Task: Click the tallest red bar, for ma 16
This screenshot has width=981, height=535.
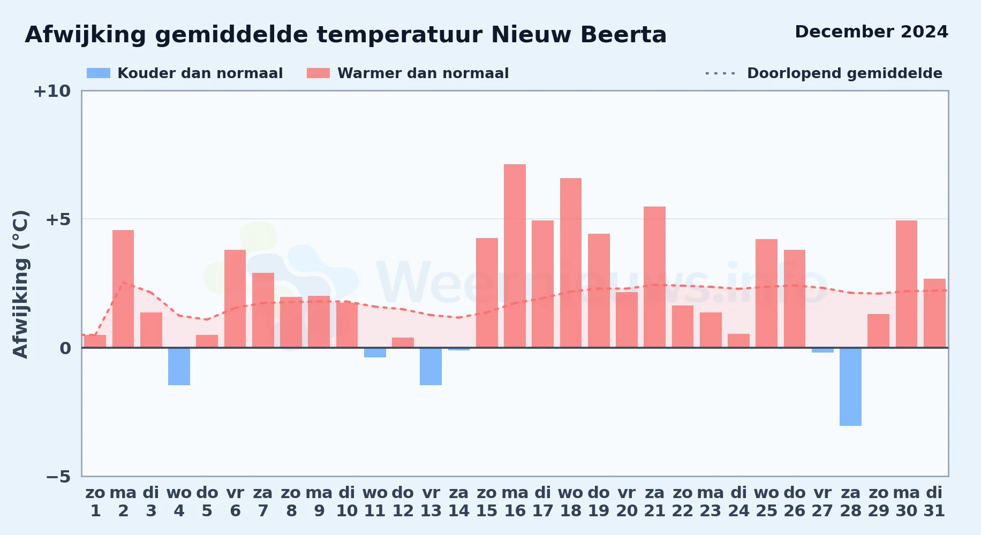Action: [x=515, y=256]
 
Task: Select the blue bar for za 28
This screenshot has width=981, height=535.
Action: [x=850, y=387]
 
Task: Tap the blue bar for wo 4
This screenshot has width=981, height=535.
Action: [x=179, y=366]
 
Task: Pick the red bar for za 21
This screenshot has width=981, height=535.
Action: [x=654, y=277]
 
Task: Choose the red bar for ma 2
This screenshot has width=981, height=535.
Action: [x=123, y=289]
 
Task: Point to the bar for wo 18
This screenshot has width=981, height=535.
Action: [x=571, y=263]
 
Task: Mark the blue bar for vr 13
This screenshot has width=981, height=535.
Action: [x=431, y=366]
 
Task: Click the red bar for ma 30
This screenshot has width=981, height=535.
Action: [x=907, y=284]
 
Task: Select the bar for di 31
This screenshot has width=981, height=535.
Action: [x=934, y=313]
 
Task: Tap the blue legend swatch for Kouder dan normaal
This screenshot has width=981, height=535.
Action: [x=99, y=73]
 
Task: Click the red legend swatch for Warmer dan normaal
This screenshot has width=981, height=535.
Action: [x=319, y=73]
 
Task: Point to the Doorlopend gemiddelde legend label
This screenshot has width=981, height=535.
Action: [x=844, y=73]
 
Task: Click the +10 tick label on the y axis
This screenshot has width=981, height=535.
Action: [x=52, y=91]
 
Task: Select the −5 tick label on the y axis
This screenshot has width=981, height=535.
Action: [x=58, y=477]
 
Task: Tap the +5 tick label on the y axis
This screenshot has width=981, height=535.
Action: [x=58, y=219]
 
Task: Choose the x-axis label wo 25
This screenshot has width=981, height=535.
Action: [x=766, y=502]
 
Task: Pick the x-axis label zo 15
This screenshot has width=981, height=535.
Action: [x=487, y=502]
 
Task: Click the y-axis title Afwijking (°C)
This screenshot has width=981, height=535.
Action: [x=20, y=284]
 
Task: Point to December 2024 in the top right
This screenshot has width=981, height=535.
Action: [x=871, y=32]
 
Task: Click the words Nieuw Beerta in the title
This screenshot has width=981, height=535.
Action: [x=579, y=35]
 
